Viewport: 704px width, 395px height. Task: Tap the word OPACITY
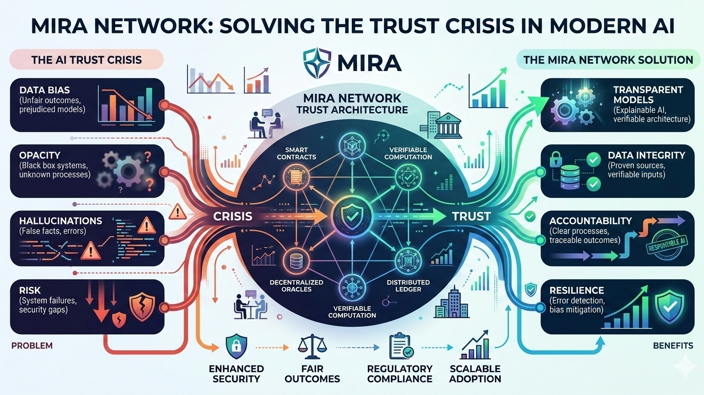click(40, 155)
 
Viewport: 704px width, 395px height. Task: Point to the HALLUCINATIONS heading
click(61, 221)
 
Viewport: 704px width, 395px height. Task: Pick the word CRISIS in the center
click(233, 216)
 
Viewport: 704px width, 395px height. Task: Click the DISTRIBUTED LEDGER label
click(409, 285)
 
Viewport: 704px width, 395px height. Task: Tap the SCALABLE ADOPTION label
click(475, 374)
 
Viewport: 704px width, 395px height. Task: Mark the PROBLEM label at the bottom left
click(32, 346)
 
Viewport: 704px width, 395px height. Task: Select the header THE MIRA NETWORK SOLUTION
click(608, 60)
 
